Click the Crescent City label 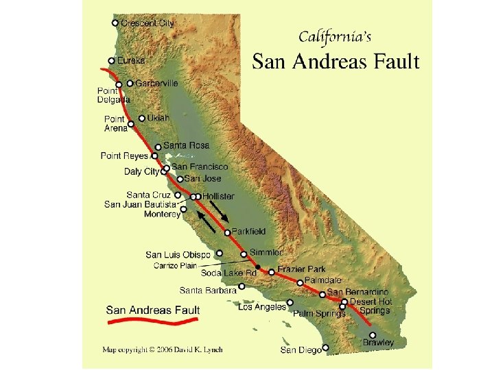coord(148,23)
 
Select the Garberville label coord(156,83)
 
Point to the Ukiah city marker coord(142,118)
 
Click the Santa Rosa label coord(186,145)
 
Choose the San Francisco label coord(200,166)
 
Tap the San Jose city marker coord(180,179)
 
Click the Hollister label coord(218,197)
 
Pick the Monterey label coord(163,214)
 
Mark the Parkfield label coord(248,232)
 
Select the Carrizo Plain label coord(176,265)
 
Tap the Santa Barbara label coord(208,290)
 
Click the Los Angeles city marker coord(290,301)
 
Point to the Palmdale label coord(322,280)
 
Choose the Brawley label coord(379,342)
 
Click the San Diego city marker coord(326,347)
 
